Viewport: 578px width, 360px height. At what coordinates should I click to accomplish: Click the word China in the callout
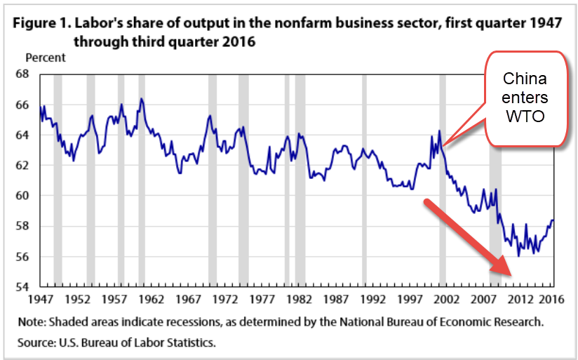pos(526,78)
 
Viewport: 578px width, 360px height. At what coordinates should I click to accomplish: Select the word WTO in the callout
pos(526,116)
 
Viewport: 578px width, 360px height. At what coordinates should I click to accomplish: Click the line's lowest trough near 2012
pos(518,256)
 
